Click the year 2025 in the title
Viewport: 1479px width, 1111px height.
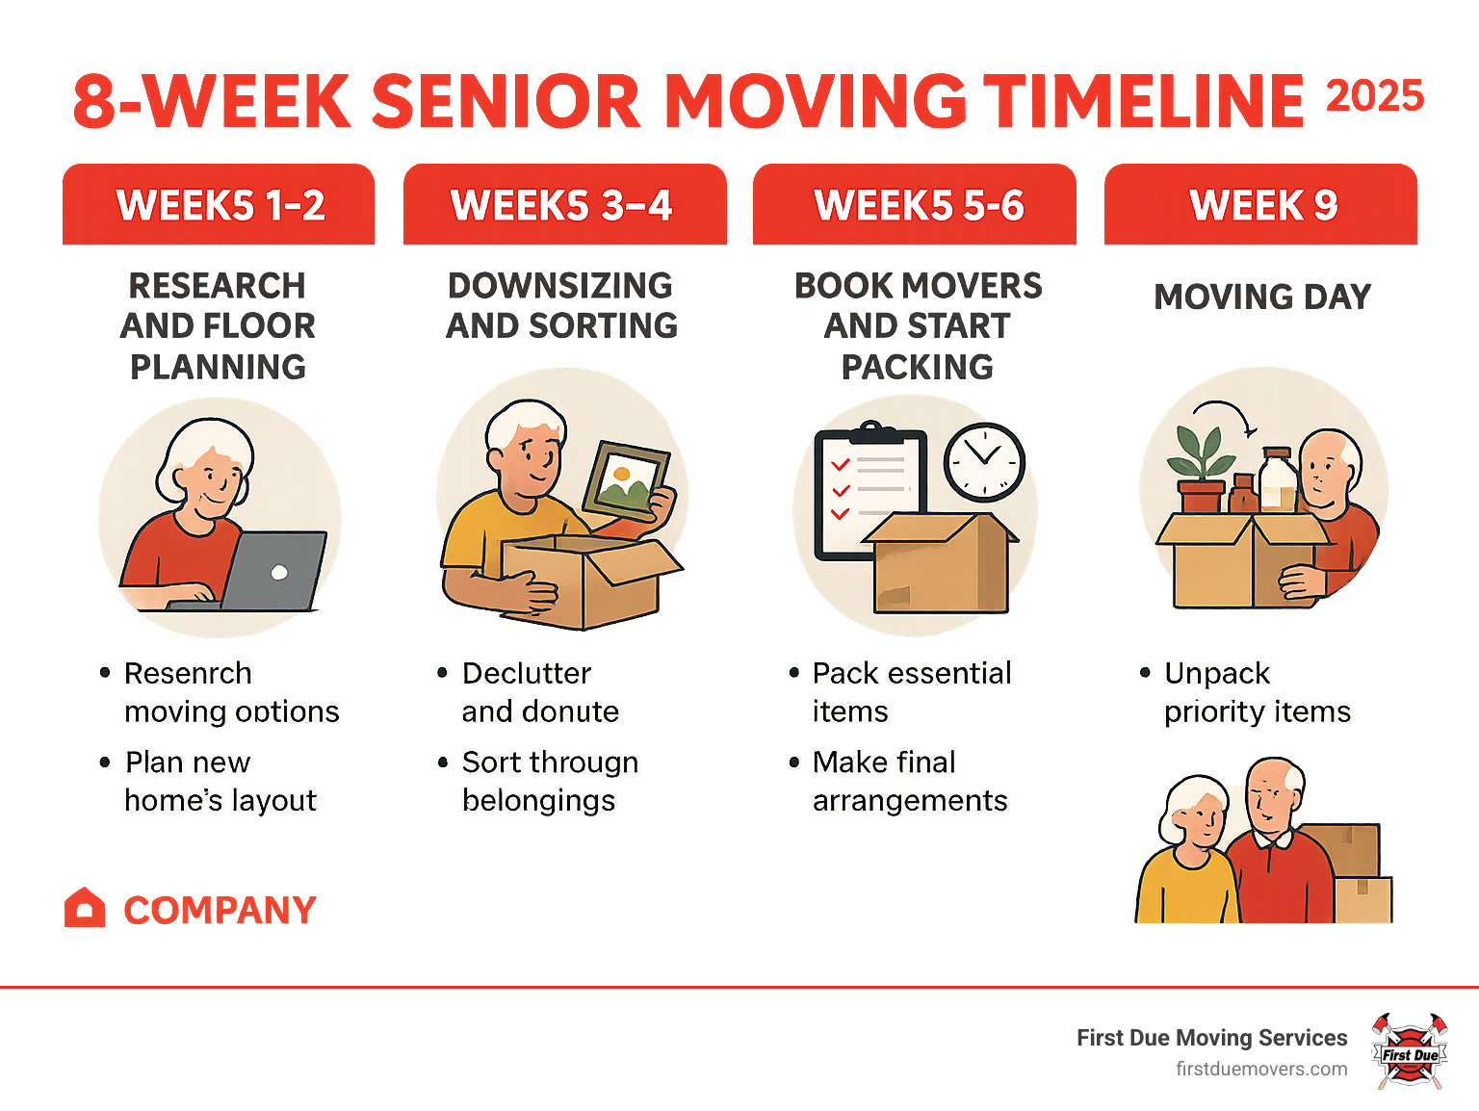click(1374, 96)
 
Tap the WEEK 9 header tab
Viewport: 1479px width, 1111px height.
click(1261, 205)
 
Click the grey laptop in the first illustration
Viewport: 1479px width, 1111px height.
click(272, 572)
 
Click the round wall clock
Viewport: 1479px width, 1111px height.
click(984, 462)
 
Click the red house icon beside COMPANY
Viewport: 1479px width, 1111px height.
click(85, 908)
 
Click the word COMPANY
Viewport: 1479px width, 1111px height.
click(220, 910)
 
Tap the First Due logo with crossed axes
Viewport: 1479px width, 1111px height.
click(1410, 1051)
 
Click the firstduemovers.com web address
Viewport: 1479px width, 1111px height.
click(1261, 1069)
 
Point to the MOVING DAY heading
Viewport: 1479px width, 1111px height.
click(1261, 297)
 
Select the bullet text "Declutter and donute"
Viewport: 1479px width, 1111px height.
click(539, 692)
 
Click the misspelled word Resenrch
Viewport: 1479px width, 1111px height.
click(188, 673)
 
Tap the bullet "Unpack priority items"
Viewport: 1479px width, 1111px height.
click(1256, 692)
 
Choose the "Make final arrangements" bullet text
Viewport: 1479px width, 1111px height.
click(909, 781)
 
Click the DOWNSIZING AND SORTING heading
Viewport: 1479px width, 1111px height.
click(561, 306)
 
